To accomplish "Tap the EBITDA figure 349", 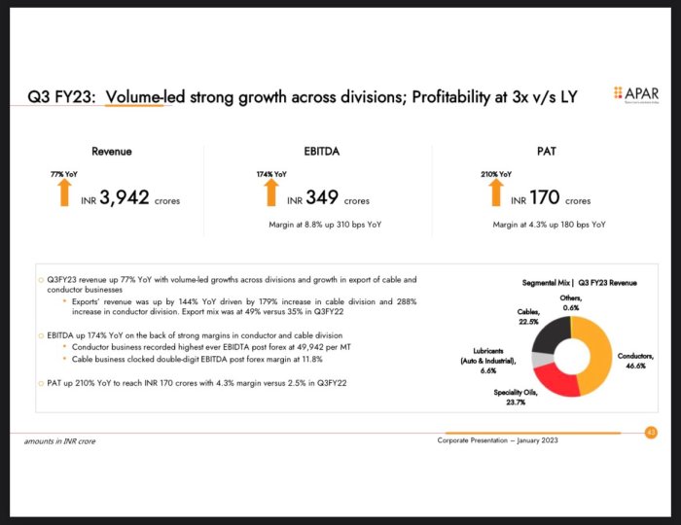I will coord(321,198).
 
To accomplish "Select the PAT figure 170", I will coord(544,198).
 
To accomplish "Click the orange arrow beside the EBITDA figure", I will coord(271,192).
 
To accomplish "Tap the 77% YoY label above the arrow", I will coord(64,173).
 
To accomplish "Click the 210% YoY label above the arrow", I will coord(495,173).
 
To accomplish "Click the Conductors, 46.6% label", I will coord(635,360).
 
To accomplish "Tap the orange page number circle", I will coord(651,433).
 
